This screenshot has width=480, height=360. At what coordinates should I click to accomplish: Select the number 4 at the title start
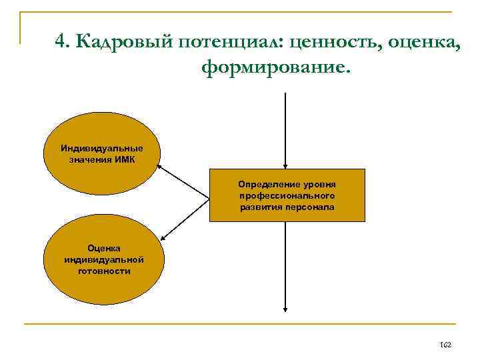click(x=61, y=41)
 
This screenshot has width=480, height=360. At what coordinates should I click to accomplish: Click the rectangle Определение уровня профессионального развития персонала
click(x=287, y=195)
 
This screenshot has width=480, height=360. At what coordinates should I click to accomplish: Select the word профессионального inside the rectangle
click(x=287, y=195)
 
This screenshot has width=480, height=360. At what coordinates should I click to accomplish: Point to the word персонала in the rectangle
click(x=311, y=207)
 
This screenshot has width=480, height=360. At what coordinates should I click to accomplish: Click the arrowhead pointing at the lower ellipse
click(x=163, y=237)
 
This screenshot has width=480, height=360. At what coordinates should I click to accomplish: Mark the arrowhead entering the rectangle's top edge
click(x=285, y=166)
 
